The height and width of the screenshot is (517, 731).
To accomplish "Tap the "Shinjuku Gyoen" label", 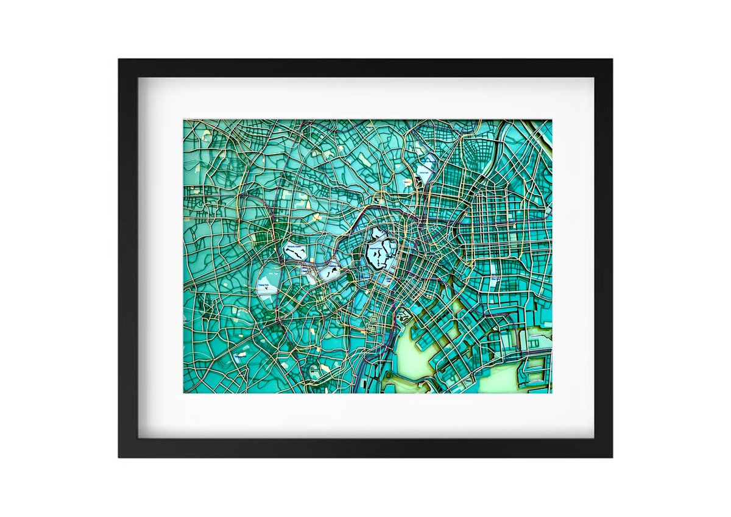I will pos(294,248).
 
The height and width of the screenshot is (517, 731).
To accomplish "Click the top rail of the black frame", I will pos(365,68).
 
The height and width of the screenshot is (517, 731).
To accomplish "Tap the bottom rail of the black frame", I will pos(365,447).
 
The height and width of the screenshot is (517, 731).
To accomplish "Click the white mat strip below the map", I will pos(365,415).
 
